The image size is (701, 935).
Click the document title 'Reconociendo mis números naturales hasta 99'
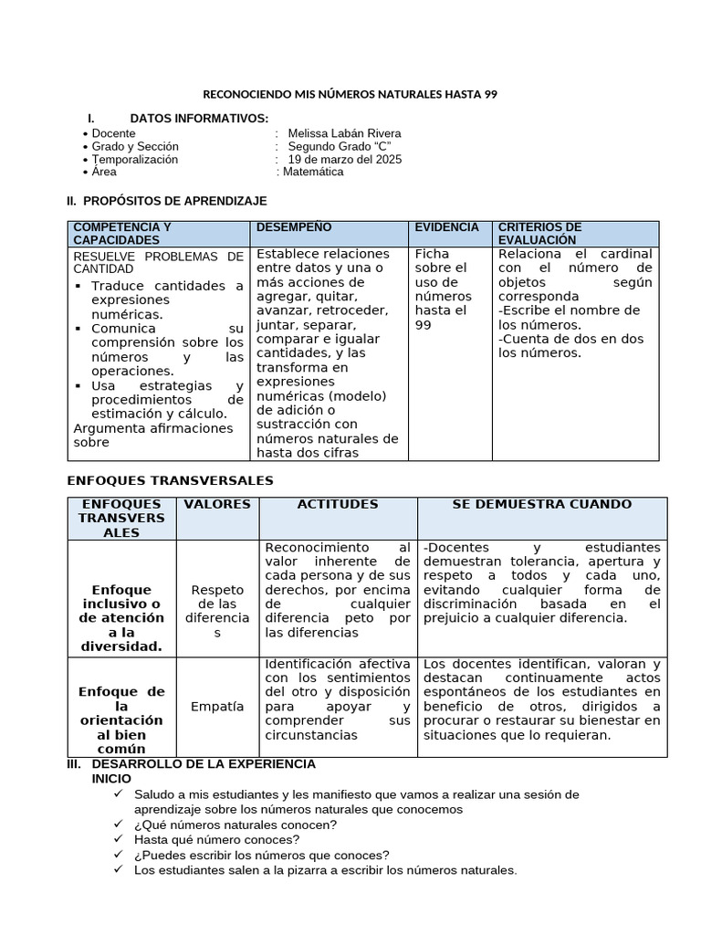tap(350, 95)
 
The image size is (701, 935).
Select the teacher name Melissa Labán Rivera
tap(344, 133)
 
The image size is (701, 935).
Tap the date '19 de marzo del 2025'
tap(344, 160)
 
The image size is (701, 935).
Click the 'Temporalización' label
tap(135, 160)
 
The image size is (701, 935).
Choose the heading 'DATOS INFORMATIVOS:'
tap(199, 119)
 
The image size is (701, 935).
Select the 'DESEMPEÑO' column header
tap(294, 227)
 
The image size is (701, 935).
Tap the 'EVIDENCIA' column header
tap(446, 227)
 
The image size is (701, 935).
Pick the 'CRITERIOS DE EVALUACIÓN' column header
tap(539, 233)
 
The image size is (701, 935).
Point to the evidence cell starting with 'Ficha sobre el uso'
tap(444, 289)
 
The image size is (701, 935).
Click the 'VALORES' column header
tap(217, 504)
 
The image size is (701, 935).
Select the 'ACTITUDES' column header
tap(337, 504)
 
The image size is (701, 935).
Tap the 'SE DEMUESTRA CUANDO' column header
tap(541, 504)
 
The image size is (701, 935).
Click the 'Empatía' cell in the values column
tap(217, 707)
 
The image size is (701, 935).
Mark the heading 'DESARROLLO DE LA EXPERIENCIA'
tap(204, 763)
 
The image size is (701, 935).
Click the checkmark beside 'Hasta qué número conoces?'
tap(119, 839)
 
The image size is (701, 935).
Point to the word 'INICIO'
tap(112, 778)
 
